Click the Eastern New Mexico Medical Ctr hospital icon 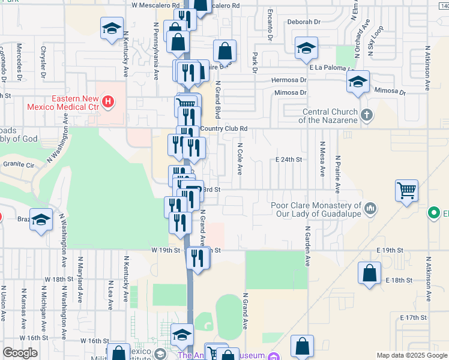coord(108,101)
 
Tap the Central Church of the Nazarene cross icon coord(367,114)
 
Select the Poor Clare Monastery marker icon coord(371,209)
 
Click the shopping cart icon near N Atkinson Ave coord(406,191)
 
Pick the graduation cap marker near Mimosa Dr coord(358,82)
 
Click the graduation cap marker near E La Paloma coord(306,49)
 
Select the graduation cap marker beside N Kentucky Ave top coord(112,29)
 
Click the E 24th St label coord(288,160)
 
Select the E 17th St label coord(412,316)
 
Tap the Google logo coord(20,353)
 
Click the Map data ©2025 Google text coord(411,355)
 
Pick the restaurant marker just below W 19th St coord(197,258)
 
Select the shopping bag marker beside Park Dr coord(225,52)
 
